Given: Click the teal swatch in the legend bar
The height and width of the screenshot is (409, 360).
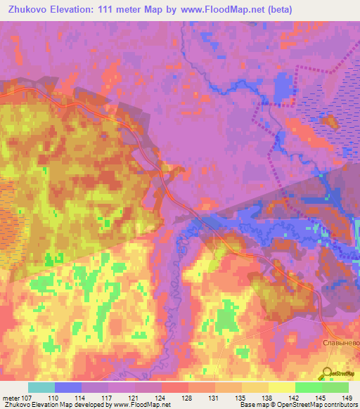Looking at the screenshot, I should [41, 387].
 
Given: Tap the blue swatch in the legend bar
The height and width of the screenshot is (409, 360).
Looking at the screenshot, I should [68, 387].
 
